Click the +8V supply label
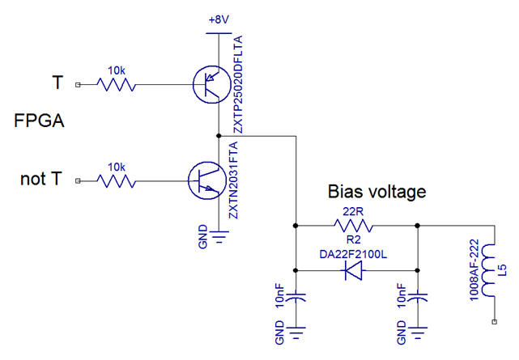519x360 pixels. (219, 18)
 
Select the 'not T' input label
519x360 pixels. (42, 179)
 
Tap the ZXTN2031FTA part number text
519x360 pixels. (234, 180)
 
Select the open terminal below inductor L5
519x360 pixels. (493, 323)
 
